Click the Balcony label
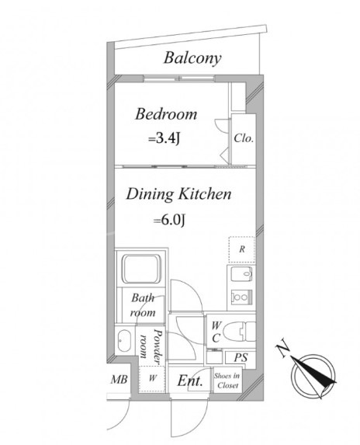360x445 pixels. coord(192,58)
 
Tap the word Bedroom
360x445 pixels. coord(166,114)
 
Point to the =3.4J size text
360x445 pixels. coord(164,139)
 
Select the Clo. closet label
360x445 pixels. coord(244,138)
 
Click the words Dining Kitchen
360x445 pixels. coord(178,194)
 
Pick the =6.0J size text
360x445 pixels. coord(169,220)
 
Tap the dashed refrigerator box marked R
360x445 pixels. coord(241,249)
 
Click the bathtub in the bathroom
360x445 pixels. coord(141,269)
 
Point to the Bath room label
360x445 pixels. coord(144,305)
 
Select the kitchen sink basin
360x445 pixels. coord(241,274)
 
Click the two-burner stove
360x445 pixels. coord(241,297)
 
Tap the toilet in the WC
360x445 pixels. coord(240,332)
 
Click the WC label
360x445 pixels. coord(216,332)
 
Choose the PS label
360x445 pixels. coord(241,358)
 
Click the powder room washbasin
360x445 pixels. coord(124,341)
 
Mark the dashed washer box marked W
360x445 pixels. coord(152,378)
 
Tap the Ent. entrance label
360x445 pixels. coord(190,381)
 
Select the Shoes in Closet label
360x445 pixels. coord(227,381)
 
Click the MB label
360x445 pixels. coord(119,379)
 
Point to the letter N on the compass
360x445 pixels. coord(282,350)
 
